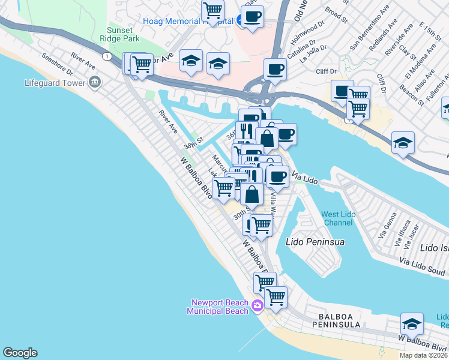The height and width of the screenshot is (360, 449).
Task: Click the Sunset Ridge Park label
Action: point(124,34)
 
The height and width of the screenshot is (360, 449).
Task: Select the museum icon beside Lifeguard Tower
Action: point(94,82)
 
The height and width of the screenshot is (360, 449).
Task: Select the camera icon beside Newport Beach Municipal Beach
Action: point(258,306)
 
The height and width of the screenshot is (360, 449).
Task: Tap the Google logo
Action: point(20,353)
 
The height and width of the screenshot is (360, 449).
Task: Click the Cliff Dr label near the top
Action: point(326,71)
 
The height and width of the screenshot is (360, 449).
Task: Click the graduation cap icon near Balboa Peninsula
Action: point(412,324)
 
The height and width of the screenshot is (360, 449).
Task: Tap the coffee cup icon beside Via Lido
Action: point(277,177)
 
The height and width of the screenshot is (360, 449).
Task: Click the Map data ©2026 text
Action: point(423,355)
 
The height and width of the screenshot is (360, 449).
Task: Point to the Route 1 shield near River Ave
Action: point(106,56)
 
